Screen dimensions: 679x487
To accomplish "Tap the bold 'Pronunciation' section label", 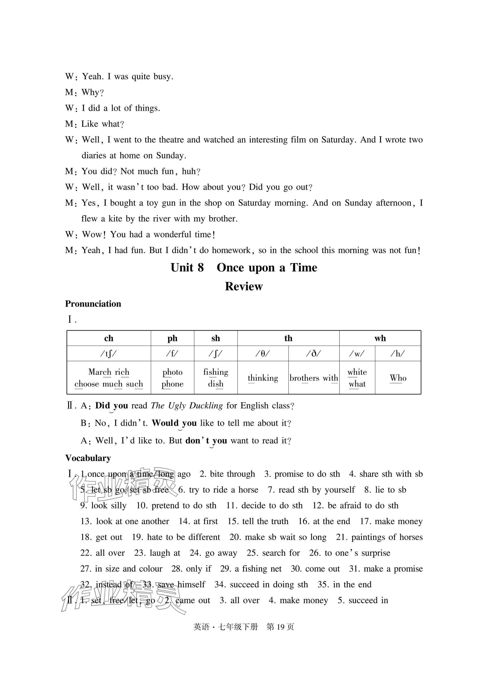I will click(x=93, y=304).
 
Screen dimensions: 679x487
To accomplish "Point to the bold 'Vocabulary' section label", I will click(x=88, y=458).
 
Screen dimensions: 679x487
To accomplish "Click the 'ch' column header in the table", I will click(x=109, y=338).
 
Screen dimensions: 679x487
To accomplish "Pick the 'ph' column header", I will click(x=172, y=338).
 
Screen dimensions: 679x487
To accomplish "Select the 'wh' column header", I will click(x=380, y=338).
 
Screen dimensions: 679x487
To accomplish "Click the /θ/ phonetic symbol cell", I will click(x=263, y=354).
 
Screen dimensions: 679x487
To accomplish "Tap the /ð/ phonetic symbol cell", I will click(x=313, y=354).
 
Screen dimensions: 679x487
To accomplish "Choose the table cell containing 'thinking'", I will click(x=263, y=378).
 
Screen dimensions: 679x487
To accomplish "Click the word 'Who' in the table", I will click(x=398, y=378).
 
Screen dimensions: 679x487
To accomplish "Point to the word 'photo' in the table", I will click(x=172, y=372).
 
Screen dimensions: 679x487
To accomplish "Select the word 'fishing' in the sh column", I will click(x=216, y=372).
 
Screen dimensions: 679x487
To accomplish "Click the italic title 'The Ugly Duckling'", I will click(x=187, y=406).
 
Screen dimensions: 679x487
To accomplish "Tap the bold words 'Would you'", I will click(x=174, y=423).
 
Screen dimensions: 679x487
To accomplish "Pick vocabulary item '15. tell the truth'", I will click(x=258, y=521).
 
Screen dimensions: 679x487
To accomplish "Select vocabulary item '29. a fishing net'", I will click(x=251, y=569).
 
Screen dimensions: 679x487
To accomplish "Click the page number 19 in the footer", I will click(x=280, y=627).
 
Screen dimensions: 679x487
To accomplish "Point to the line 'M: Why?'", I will click(x=85, y=93).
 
